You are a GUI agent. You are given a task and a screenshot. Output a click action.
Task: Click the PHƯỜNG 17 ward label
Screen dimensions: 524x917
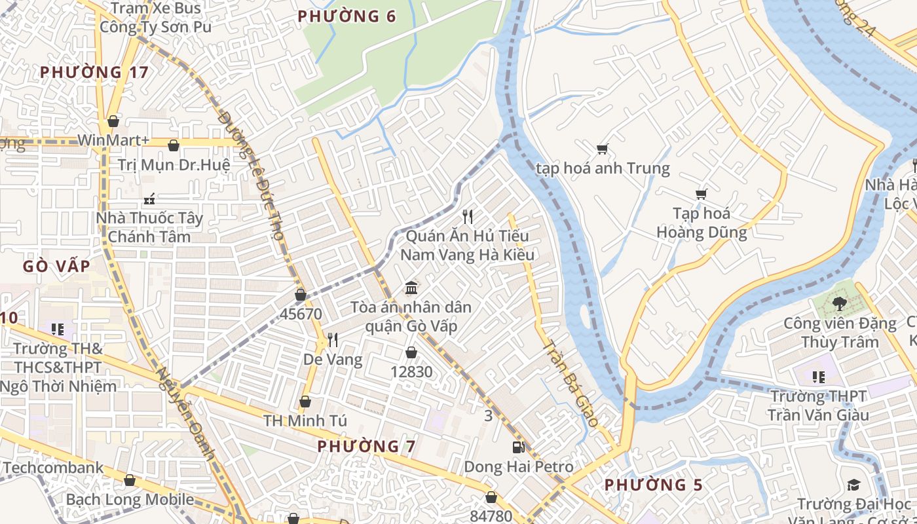94,72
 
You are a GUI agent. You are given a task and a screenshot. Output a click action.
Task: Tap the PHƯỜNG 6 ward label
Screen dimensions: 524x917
347,16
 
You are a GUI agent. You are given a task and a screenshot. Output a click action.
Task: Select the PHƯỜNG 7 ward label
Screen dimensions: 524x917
367,447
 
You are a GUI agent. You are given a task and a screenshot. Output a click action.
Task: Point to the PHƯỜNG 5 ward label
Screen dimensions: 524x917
653,485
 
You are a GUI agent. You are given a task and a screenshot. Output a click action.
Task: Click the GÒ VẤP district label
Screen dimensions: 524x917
56,267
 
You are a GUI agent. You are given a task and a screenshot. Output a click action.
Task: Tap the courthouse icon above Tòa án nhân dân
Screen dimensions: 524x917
411,288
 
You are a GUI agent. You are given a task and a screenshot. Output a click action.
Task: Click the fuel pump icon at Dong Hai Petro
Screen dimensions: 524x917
518,447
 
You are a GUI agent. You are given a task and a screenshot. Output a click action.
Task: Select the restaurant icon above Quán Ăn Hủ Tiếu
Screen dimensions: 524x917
468,216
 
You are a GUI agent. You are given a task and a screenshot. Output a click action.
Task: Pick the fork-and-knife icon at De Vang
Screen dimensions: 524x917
333,339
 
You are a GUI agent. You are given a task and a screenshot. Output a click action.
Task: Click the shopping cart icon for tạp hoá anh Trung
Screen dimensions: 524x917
603,149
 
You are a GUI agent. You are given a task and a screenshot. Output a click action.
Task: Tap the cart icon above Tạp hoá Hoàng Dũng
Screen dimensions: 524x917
702,194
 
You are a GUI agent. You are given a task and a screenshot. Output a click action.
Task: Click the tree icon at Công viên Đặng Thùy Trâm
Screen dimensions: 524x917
840,304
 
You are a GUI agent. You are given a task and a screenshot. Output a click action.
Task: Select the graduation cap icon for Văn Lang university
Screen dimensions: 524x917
853,485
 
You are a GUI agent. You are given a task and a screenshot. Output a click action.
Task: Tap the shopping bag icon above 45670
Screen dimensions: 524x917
301,295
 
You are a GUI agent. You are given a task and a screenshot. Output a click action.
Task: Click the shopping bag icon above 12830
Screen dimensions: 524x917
411,353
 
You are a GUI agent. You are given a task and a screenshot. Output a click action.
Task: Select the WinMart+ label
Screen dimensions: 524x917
113,141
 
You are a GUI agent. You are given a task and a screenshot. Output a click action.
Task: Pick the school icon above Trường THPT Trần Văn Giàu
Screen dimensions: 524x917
818,377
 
